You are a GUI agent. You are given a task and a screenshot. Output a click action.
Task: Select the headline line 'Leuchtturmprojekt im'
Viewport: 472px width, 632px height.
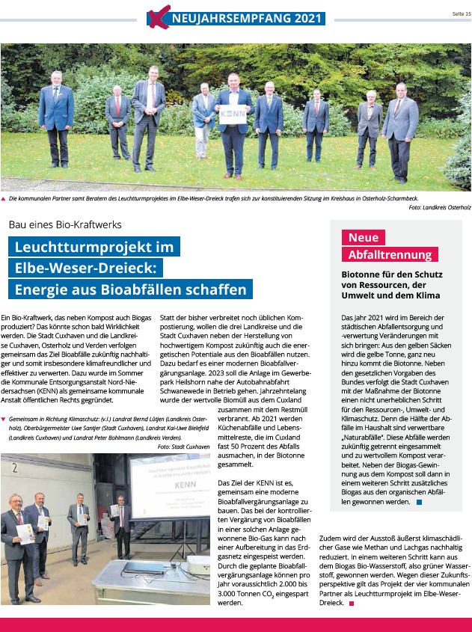[94, 247]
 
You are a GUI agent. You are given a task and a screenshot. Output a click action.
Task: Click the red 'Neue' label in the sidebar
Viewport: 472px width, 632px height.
[364, 237]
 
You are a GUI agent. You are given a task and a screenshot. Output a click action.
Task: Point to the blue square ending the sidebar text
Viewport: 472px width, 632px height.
[420, 502]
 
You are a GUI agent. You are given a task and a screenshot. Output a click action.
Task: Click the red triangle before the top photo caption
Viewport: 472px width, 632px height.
[4, 199]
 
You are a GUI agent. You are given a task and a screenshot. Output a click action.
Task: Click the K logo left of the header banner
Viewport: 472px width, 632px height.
[156, 17]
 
